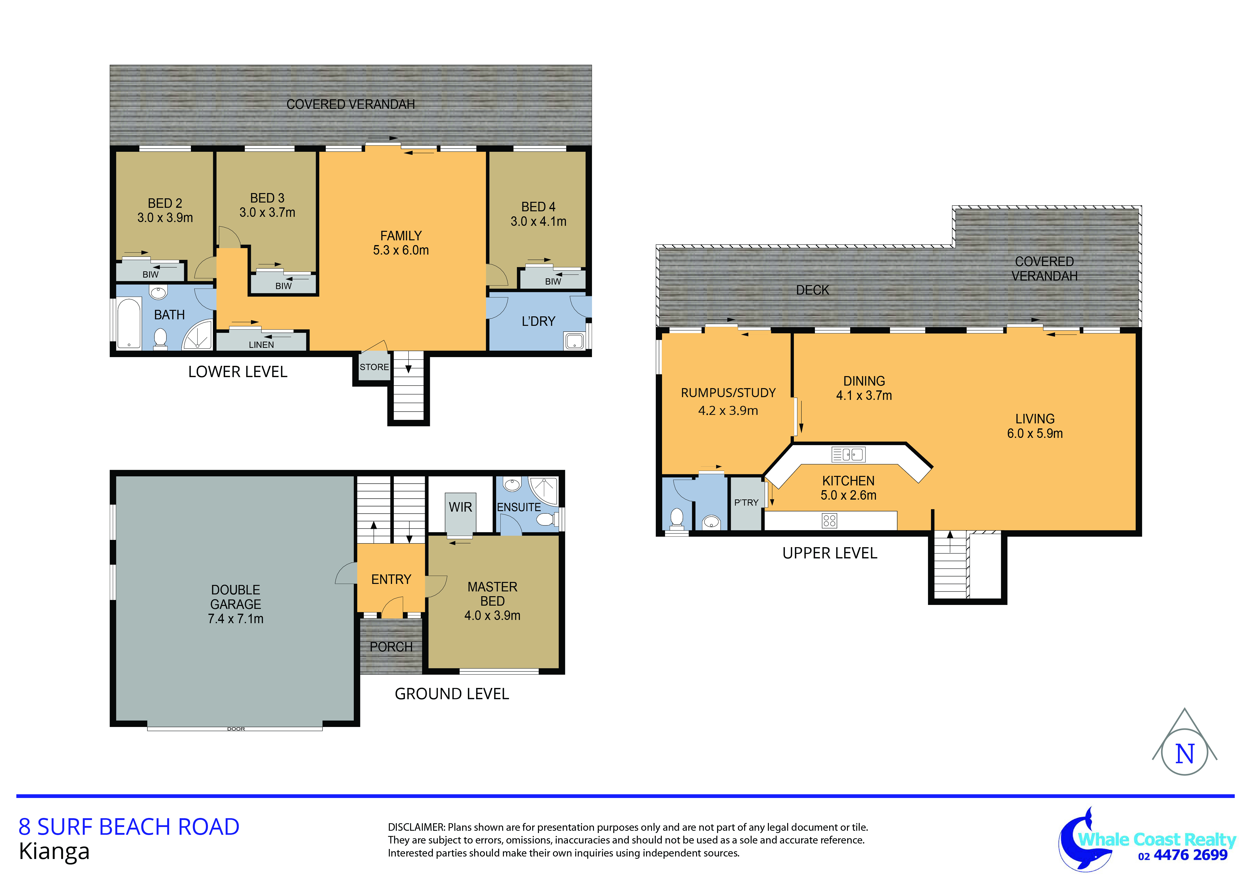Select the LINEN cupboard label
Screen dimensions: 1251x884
pyautogui.click(x=261, y=345)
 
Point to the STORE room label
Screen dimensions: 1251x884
pyautogui.click(x=374, y=367)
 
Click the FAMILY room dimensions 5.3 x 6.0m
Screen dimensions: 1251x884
pyautogui.click(x=401, y=250)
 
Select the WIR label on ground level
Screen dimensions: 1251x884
pyautogui.click(x=460, y=507)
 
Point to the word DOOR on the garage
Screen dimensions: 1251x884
pyautogui.click(x=236, y=729)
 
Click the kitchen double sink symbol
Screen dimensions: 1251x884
pyautogui.click(x=848, y=454)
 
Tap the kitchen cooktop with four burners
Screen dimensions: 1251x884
pyautogui.click(x=829, y=521)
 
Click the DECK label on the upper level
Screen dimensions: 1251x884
pyautogui.click(x=812, y=290)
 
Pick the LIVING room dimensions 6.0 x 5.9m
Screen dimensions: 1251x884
pyautogui.click(x=1035, y=434)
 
